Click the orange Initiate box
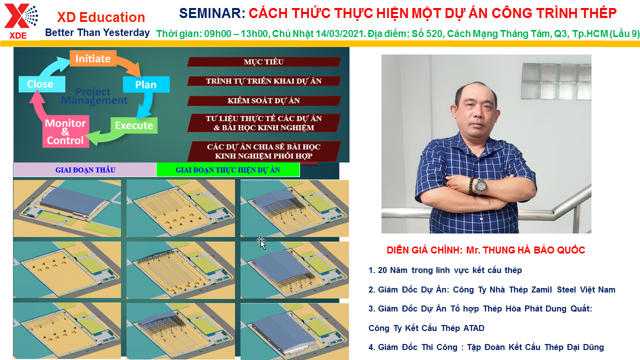(93, 58)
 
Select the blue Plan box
(146, 84)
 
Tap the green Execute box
(134, 125)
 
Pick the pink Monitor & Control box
(65, 131)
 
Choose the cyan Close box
(41, 84)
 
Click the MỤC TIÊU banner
(263, 62)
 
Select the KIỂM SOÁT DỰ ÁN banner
(263, 100)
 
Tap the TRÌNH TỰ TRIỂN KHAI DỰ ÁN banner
(263, 81)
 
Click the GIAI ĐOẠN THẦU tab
(85, 170)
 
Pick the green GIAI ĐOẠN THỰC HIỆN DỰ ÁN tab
(227, 170)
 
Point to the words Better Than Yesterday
(97, 32)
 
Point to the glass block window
(556, 81)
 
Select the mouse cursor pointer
(261, 242)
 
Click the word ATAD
(473, 328)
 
